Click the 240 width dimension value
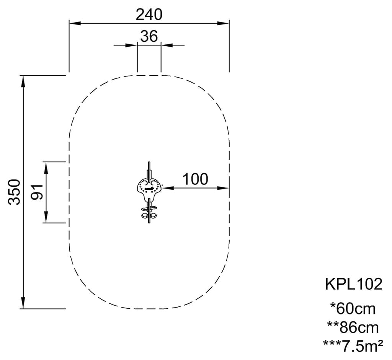(x=149, y=15)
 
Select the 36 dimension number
(x=149, y=36)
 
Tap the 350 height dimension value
(x=14, y=192)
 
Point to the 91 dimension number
(x=37, y=192)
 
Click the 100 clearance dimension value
(x=195, y=179)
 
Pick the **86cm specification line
(x=353, y=327)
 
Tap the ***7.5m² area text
(x=353, y=346)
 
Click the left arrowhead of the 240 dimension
(x=75, y=23)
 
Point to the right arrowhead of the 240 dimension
(x=223, y=23)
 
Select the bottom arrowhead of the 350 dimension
(x=23, y=303)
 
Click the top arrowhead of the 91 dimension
(x=46, y=168)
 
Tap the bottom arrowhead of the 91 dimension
(x=46, y=217)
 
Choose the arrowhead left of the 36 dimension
(x=132, y=45)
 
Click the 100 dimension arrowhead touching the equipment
(x=168, y=188)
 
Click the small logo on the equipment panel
(x=150, y=189)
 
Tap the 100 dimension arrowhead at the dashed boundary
(x=223, y=188)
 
